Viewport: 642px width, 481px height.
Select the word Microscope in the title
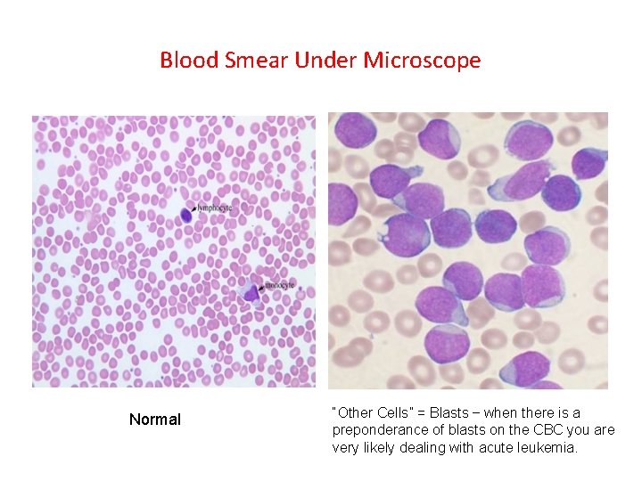coord(423,61)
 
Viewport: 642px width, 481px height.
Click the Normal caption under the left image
coord(154,420)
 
